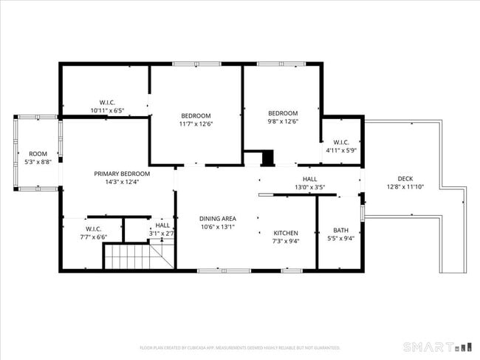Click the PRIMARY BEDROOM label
[122, 174]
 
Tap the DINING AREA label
[218, 219]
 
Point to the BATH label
[340, 230]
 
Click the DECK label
[405, 178]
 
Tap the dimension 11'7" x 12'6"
[196, 124]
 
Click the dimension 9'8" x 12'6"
[282, 121]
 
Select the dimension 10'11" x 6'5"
[107, 111]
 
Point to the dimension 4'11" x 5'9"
[341, 151]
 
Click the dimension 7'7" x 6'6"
[93, 237]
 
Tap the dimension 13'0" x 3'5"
[309, 188]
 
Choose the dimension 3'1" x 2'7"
[162, 234]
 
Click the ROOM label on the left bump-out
[38, 154]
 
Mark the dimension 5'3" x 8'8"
[38, 162]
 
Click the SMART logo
[436, 346]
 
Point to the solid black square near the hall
[267, 157]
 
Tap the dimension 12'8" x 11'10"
[405, 187]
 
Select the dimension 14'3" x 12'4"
[122, 182]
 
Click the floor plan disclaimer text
[240, 347]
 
